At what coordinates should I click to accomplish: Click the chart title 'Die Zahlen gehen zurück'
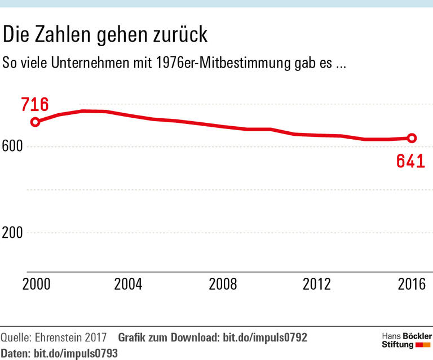coord(105,35)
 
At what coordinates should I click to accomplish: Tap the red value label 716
coord(35,104)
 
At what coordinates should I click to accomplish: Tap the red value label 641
coord(410,161)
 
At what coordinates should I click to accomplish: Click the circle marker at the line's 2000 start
coord(35,122)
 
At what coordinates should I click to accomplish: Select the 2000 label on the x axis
coord(36,285)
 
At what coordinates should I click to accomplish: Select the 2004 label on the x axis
coord(129,285)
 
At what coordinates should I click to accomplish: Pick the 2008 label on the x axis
coord(223,285)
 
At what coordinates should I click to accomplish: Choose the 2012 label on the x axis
coord(317,285)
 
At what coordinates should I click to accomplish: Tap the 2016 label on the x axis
coord(410,285)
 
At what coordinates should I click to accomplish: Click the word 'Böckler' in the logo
coord(416,336)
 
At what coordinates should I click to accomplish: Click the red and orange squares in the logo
coord(423,345)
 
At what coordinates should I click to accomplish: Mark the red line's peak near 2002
coord(83,111)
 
